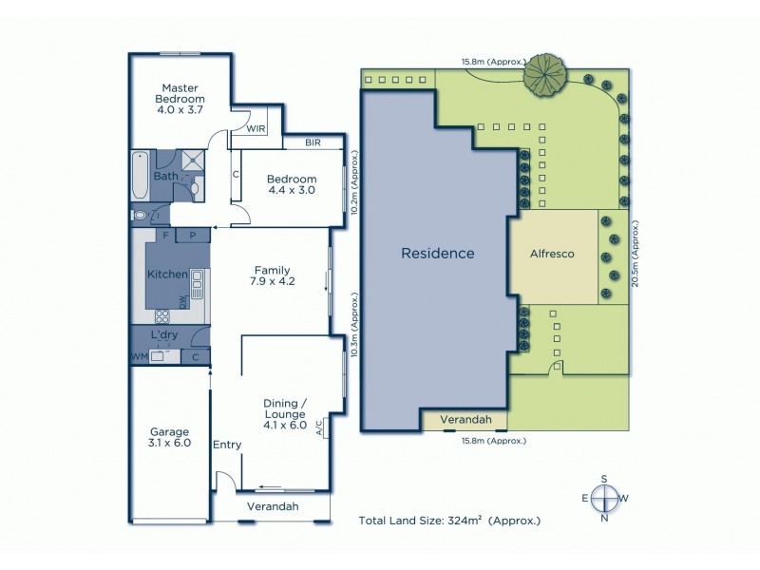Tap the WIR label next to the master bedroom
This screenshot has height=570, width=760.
(256, 127)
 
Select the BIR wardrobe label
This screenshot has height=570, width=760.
(313, 142)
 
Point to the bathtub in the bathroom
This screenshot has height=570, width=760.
(140, 176)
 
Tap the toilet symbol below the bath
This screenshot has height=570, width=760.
(142, 216)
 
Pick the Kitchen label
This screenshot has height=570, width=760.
(166, 275)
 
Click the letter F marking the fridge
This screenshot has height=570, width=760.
(166, 235)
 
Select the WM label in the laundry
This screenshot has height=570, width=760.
(139, 357)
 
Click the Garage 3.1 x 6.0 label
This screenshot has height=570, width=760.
(169, 436)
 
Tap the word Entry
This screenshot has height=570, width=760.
(227, 445)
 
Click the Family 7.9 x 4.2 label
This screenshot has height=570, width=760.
(272, 275)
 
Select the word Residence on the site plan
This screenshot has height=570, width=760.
(437, 254)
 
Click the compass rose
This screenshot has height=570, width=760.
(602, 498)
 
